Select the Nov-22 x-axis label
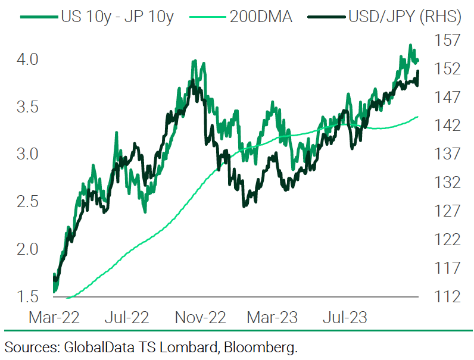[201, 317]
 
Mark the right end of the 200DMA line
[417, 117]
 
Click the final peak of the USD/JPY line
[418, 71]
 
